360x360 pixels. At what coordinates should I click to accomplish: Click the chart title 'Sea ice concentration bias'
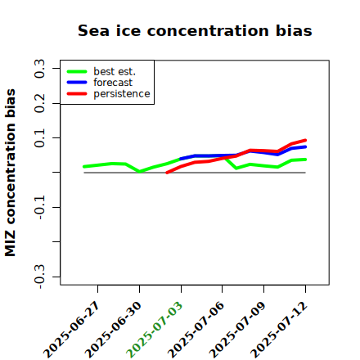pos(195,30)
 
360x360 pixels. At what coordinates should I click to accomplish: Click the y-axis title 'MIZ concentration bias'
pos(11,173)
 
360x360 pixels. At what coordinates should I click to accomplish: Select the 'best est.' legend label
pos(115,71)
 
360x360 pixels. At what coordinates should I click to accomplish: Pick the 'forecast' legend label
pos(113,83)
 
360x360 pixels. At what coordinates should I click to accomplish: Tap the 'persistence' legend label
pos(122,94)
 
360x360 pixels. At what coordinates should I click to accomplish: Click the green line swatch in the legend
pos(77,71)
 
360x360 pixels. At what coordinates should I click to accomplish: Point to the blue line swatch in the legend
pos(77,83)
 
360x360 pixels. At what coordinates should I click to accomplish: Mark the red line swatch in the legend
pos(77,94)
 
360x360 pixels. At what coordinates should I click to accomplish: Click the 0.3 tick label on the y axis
pos(39,69)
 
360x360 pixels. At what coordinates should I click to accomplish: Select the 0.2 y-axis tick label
pos(39,103)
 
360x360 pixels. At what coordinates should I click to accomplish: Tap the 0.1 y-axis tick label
pos(39,138)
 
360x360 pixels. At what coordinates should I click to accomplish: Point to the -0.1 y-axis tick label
pos(39,207)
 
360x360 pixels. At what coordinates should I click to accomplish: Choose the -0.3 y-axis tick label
pos(39,277)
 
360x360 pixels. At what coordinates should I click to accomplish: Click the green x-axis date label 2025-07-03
pos(155,330)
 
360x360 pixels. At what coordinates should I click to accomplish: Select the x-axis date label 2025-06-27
pos(71,330)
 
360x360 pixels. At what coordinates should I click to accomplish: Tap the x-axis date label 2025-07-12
pos(279,330)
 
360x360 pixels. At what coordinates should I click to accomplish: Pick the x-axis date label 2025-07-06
pos(196,330)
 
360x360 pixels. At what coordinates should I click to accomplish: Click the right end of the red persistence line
pos(305,141)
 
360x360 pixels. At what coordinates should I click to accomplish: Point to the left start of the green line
pos(84,166)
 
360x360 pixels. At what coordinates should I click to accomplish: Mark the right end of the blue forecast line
pos(305,147)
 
